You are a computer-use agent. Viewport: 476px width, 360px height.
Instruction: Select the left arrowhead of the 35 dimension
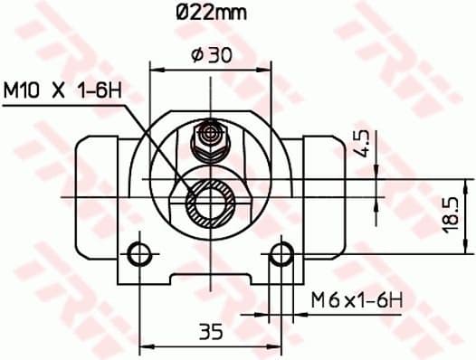[145, 345]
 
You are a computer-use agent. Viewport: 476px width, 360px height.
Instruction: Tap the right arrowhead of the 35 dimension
[277, 345]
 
